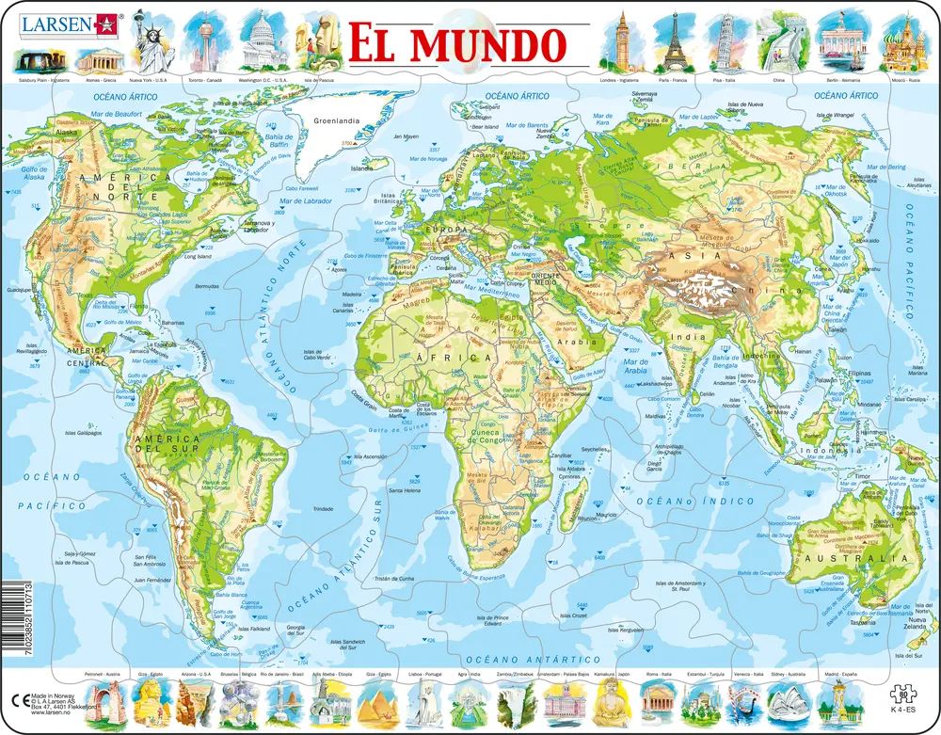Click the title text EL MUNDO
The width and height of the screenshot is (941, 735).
click(x=457, y=42)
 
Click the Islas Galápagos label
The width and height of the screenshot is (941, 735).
click(x=84, y=434)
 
